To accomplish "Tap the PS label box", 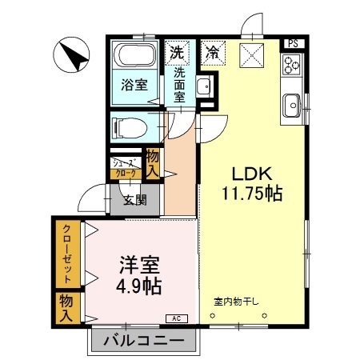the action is [x=293, y=43].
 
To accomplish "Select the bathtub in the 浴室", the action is [x=134, y=55].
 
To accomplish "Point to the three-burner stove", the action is [x=291, y=64].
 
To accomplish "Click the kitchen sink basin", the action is [x=292, y=106].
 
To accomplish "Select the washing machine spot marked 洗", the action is [x=177, y=53].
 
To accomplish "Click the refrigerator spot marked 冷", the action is [x=213, y=53].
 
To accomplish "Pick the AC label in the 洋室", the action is [x=177, y=318].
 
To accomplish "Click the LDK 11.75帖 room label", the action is [x=252, y=184].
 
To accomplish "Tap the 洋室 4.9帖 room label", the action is [x=139, y=275].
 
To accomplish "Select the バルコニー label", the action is [x=144, y=341].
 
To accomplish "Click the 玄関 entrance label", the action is [x=135, y=200].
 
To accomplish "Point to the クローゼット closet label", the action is [x=67, y=254].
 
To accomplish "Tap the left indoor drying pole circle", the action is [x=212, y=316].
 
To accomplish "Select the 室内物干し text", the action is [x=236, y=302].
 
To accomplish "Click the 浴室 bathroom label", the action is [x=134, y=85].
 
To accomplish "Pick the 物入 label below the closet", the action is [x=66, y=308].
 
